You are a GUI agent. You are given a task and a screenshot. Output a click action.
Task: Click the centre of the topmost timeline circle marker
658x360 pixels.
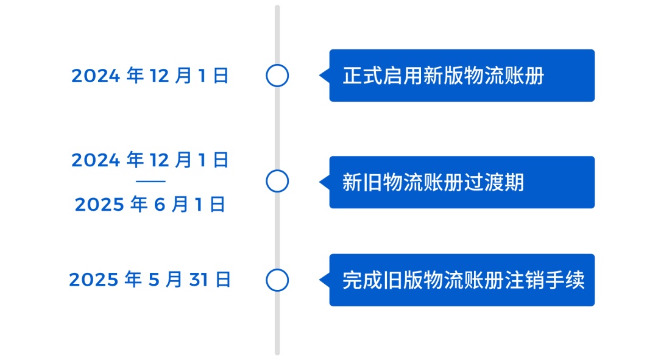277,76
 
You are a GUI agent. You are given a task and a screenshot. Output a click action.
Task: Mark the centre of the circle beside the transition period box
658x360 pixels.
277,182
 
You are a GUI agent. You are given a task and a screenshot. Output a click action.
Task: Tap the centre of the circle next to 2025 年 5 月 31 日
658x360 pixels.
277,280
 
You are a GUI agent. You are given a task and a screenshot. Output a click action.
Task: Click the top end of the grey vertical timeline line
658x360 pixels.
277,6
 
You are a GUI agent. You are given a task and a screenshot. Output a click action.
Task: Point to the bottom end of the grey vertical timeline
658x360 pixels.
277,354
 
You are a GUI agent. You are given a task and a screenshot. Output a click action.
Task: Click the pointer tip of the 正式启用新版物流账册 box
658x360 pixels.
319,76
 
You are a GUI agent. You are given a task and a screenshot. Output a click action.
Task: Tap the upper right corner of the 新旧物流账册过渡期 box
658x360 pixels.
594,157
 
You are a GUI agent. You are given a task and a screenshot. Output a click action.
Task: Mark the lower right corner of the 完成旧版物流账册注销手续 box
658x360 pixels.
594,306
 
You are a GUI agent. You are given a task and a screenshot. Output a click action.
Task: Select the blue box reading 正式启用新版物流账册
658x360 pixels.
462,76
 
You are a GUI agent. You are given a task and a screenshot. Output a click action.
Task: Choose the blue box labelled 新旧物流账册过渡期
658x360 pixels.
462,182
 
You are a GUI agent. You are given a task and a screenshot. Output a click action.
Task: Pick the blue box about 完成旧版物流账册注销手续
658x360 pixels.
462,280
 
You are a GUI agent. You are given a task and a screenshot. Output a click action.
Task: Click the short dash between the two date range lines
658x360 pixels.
150,182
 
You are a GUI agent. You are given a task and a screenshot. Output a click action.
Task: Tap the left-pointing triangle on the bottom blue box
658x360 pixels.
325,280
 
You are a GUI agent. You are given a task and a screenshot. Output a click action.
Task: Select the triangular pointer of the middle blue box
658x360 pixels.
325,182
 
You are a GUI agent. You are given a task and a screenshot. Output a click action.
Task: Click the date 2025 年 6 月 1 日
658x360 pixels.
150,204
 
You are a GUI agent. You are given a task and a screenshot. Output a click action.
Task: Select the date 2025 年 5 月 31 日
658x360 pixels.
150,280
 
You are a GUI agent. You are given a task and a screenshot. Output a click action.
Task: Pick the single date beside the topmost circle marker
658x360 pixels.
150,76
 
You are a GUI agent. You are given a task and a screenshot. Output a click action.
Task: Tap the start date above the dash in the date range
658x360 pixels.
150,160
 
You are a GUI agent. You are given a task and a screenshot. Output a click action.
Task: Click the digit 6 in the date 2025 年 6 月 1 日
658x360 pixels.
160,205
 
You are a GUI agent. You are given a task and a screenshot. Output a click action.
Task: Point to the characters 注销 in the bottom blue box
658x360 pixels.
524,280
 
